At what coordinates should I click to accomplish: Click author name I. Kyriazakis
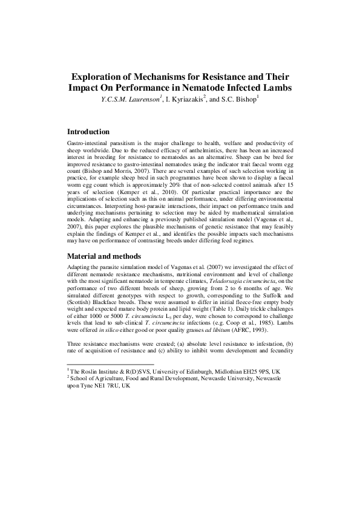pos(183,100)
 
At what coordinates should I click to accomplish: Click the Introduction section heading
pos(88,132)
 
